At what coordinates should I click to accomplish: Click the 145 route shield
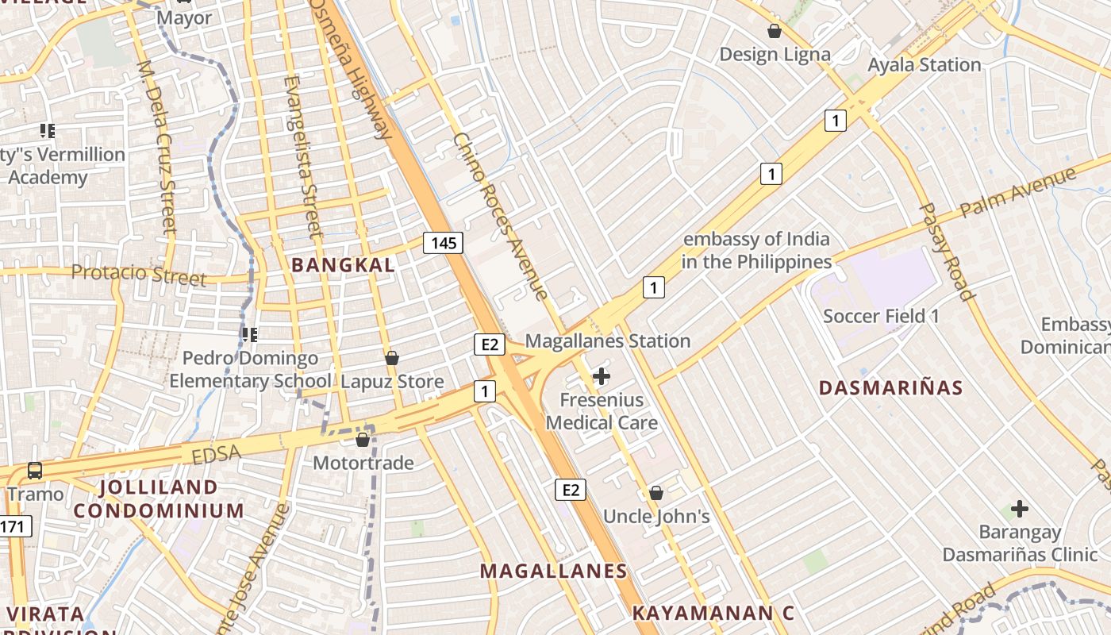pos(443,243)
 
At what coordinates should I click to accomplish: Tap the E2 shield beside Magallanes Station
pos(490,344)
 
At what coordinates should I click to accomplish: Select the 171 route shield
pos(14,525)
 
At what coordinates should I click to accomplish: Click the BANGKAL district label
pos(343,265)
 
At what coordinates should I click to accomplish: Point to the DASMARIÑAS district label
pos(890,388)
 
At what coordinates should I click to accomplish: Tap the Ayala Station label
pos(924,65)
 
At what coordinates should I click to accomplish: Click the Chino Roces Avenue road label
pos(500,217)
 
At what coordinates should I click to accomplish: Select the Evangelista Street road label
pos(303,156)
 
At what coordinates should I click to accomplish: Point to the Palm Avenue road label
pos(1018,192)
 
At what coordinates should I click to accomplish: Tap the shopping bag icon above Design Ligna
pos(774,32)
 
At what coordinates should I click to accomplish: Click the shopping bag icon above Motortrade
pos(363,440)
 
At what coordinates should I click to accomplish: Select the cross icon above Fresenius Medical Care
pos(602,375)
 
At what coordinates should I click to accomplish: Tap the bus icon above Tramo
pos(35,470)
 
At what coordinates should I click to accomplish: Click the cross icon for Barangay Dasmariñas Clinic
pos(1020,508)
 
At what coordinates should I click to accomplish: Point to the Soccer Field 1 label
pos(881,316)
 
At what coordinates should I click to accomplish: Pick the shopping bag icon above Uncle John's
pos(656,493)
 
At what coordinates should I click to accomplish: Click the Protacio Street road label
pos(139,275)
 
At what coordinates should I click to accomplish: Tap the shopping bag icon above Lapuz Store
pos(391,358)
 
